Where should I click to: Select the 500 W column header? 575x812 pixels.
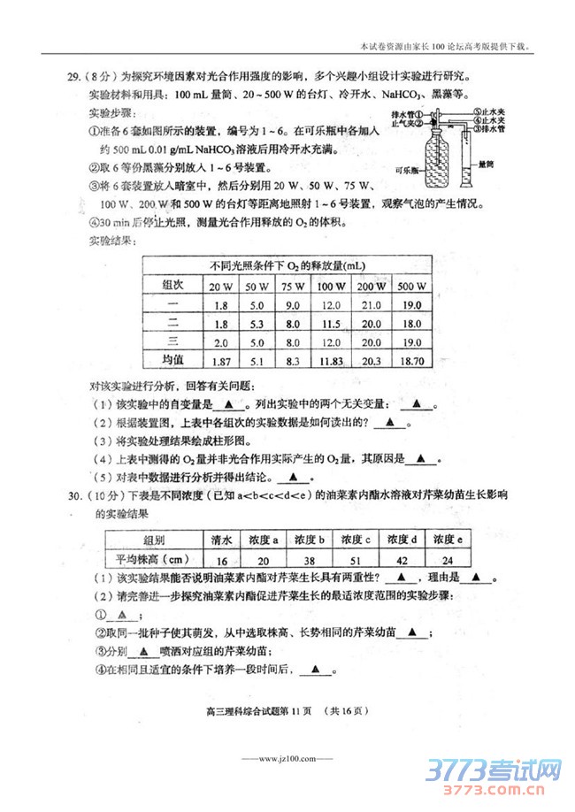(x=411, y=287)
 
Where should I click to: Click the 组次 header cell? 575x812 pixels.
(x=172, y=285)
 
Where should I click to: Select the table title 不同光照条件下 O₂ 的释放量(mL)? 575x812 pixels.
(x=288, y=265)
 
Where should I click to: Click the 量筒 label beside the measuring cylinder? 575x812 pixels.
(x=484, y=163)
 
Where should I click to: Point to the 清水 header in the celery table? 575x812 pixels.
(x=220, y=540)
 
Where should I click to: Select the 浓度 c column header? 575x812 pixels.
(x=355, y=540)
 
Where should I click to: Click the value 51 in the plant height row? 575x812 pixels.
(x=355, y=559)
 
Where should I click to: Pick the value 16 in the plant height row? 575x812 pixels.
(x=220, y=559)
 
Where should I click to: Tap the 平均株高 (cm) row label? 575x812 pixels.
(x=154, y=559)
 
